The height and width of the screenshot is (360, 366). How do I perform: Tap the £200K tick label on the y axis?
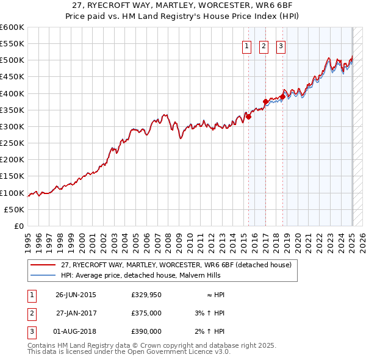[12, 160]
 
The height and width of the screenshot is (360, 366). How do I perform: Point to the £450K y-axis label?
[12, 77]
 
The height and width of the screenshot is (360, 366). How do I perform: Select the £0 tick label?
[19, 226]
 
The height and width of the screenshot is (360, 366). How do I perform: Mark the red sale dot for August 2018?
[282, 96]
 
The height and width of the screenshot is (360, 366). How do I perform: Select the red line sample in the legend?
[43, 265]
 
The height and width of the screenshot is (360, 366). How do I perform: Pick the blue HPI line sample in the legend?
[43, 276]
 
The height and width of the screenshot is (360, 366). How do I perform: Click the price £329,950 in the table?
[146, 295]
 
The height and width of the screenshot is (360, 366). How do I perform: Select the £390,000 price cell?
[146, 331]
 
